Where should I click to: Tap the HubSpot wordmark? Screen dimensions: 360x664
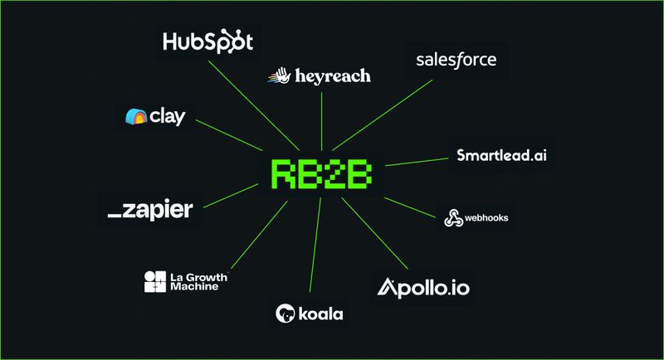(x=208, y=41)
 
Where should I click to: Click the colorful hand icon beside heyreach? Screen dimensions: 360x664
(x=277, y=76)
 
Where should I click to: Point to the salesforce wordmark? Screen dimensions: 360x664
(x=456, y=60)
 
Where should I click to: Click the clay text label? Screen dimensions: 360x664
(x=168, y=117)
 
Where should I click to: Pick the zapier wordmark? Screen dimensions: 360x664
(x=150, y=210)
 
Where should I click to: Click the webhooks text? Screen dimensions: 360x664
(x=486, y=218)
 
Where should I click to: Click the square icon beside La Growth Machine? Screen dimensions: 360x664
(x=155, y=281)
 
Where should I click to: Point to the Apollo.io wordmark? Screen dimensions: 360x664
(x=427, y=287)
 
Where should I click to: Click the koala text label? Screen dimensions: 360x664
(x=321, y=314)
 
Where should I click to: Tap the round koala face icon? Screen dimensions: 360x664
(x=286, y=314)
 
